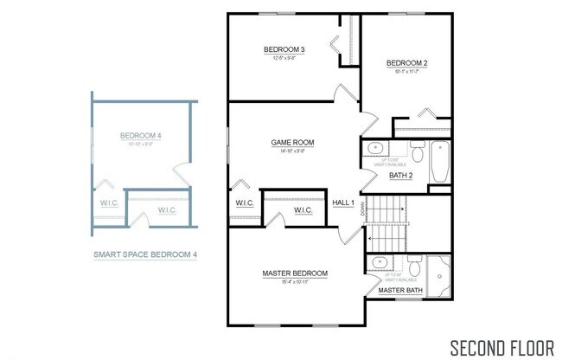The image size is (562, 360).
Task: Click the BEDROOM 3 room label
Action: [284, 49]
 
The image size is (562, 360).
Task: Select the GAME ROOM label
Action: [292, 142]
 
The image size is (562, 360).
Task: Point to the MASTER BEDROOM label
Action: [295, 273]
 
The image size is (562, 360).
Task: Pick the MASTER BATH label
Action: [399, 290]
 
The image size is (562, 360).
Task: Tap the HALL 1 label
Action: [344, 202]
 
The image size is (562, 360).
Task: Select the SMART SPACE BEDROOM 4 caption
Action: [145, 254]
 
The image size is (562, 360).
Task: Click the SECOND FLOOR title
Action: [501, 348]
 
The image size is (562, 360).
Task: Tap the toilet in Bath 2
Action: [416, 153]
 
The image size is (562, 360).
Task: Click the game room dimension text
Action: [292, 151]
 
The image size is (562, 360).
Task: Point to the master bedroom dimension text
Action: [295, 283]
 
